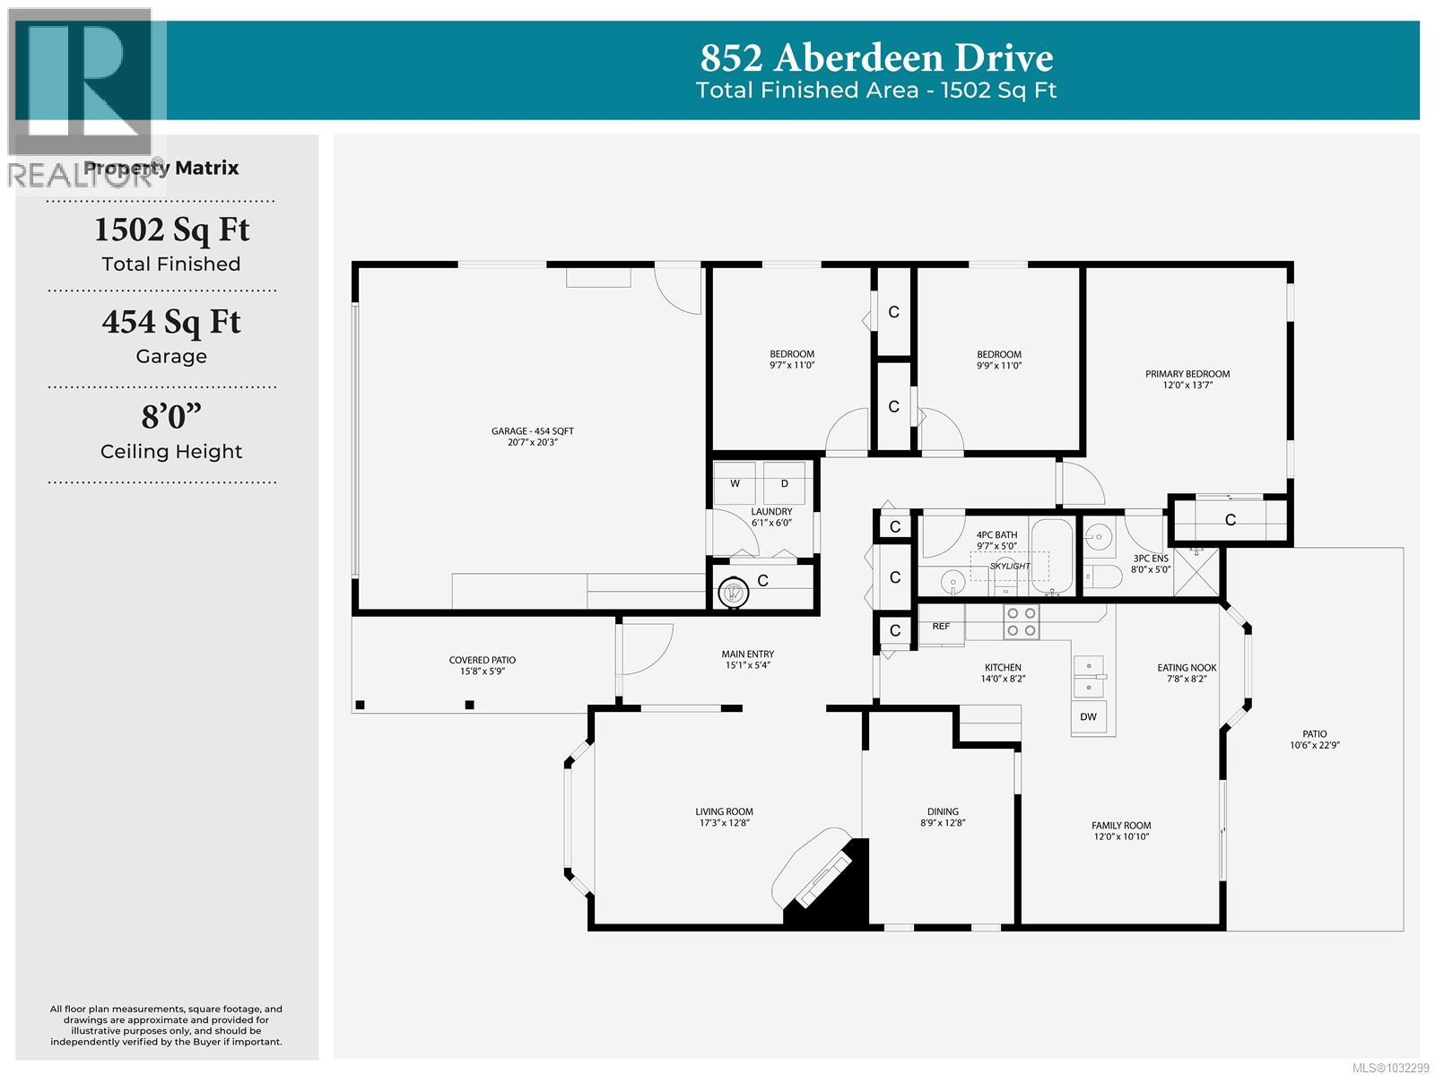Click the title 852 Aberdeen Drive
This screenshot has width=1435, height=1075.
876,58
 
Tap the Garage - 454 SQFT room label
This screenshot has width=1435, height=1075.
532,437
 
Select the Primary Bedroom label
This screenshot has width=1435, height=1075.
1187,379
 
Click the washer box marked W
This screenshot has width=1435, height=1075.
735,484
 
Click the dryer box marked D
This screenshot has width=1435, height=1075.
785,484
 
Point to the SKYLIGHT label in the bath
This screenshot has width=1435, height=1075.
1010,566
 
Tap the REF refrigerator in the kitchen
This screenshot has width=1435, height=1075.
941,627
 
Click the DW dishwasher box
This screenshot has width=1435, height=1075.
1088,717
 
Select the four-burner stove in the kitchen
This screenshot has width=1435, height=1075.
1021,622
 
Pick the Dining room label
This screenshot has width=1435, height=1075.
942,817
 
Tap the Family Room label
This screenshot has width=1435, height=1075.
1121,831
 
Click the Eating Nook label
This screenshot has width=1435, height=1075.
1187,672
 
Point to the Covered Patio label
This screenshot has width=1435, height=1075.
483,665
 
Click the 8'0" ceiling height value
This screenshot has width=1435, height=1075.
170,417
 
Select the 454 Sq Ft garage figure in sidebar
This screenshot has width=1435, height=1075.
170,322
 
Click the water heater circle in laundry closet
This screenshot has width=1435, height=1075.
733,592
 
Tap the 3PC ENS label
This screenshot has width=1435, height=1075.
1151,563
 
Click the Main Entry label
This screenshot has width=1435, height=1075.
748,659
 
